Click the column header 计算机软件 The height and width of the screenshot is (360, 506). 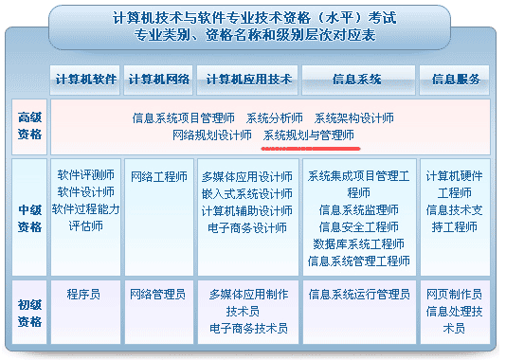[85, 79]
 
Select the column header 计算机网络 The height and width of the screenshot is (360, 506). [158, 79]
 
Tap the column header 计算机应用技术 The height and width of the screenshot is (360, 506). [247, 79]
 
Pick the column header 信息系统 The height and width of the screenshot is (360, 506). [357, 79]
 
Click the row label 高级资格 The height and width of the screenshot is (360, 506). [30, 126]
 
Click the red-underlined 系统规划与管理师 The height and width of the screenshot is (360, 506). [309, 135]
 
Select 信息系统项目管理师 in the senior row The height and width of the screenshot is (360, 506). [184, 118]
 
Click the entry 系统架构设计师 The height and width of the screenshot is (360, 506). [354, 118]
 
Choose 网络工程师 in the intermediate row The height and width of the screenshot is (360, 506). [158, 176]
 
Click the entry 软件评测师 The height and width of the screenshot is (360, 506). [86, 175]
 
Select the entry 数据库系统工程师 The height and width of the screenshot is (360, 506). [358, 243]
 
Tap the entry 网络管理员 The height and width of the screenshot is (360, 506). [158, 295]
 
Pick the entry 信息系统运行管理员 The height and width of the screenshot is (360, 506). [358, 295]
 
